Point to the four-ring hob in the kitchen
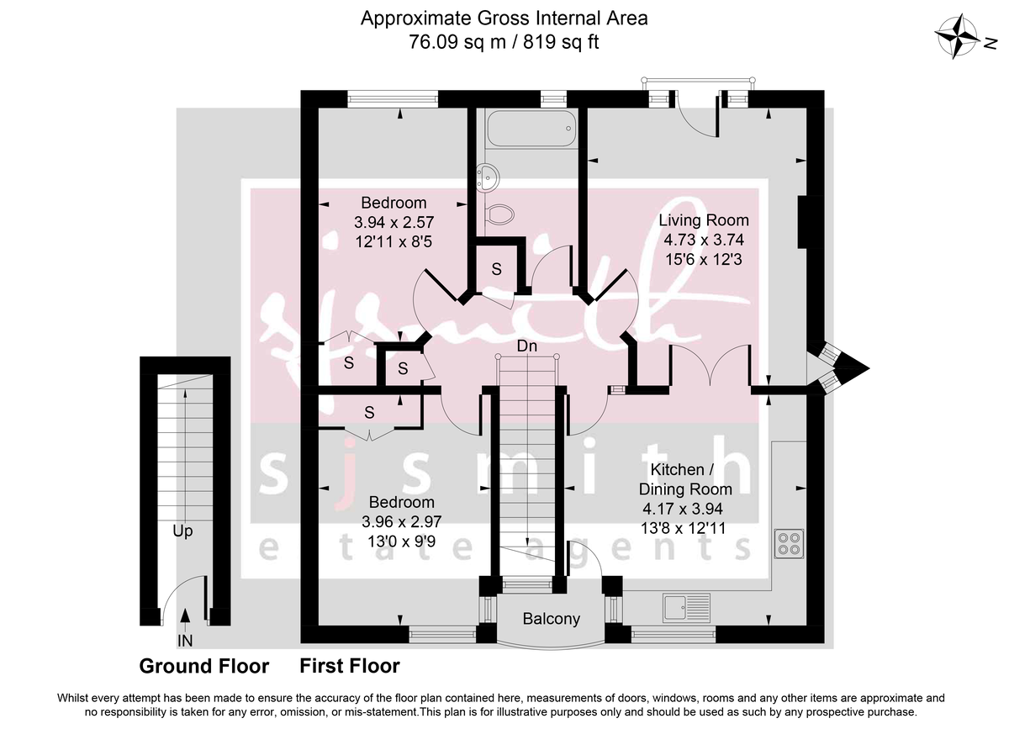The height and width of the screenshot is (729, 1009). coord(790,543)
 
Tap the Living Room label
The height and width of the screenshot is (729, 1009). coord(703,221)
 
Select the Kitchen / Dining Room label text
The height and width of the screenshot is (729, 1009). coord(685,478)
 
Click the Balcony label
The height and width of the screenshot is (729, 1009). coord(552,620)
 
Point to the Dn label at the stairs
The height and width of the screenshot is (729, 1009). coord(527,346)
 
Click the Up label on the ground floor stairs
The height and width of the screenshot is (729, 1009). coord(184,531)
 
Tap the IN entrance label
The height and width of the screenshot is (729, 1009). coord(184,642)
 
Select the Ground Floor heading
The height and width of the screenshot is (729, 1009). coord(203,667)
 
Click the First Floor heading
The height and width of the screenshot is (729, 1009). coord(350,667)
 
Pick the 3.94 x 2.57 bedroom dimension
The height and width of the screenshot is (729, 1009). coord(394,222)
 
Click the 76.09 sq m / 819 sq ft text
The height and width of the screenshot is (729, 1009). coord(504,42)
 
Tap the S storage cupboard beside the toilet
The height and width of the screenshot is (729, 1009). coord(497,269)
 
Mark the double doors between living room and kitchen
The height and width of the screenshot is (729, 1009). coord(711,366)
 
